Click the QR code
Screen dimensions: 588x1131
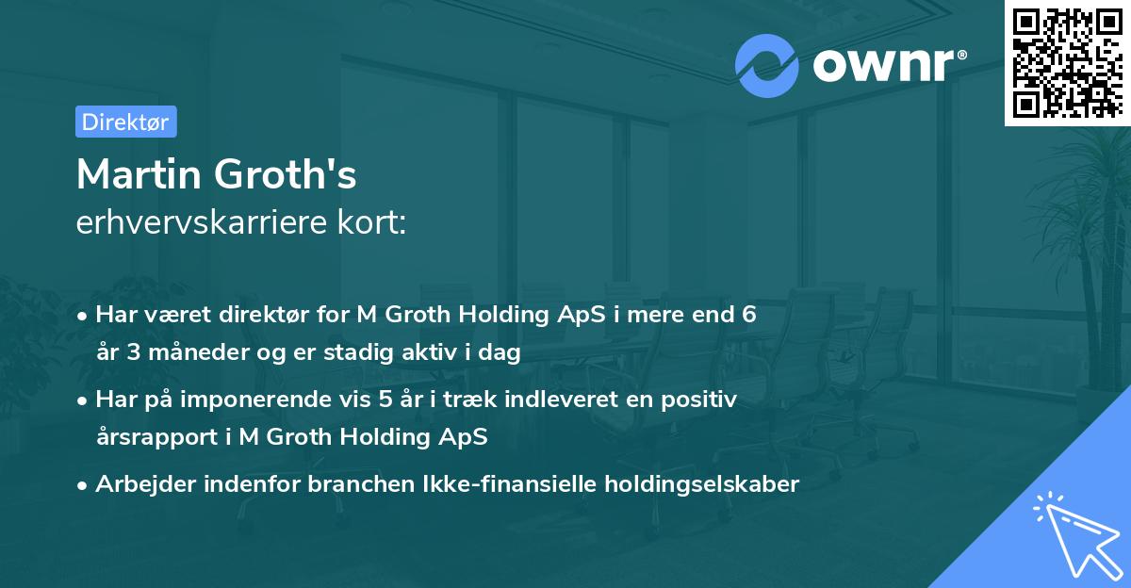(1066, 62)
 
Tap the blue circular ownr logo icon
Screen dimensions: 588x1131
(767, 65)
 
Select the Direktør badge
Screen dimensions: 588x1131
(125, 122)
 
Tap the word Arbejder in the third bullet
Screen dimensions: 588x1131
(139, 484)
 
